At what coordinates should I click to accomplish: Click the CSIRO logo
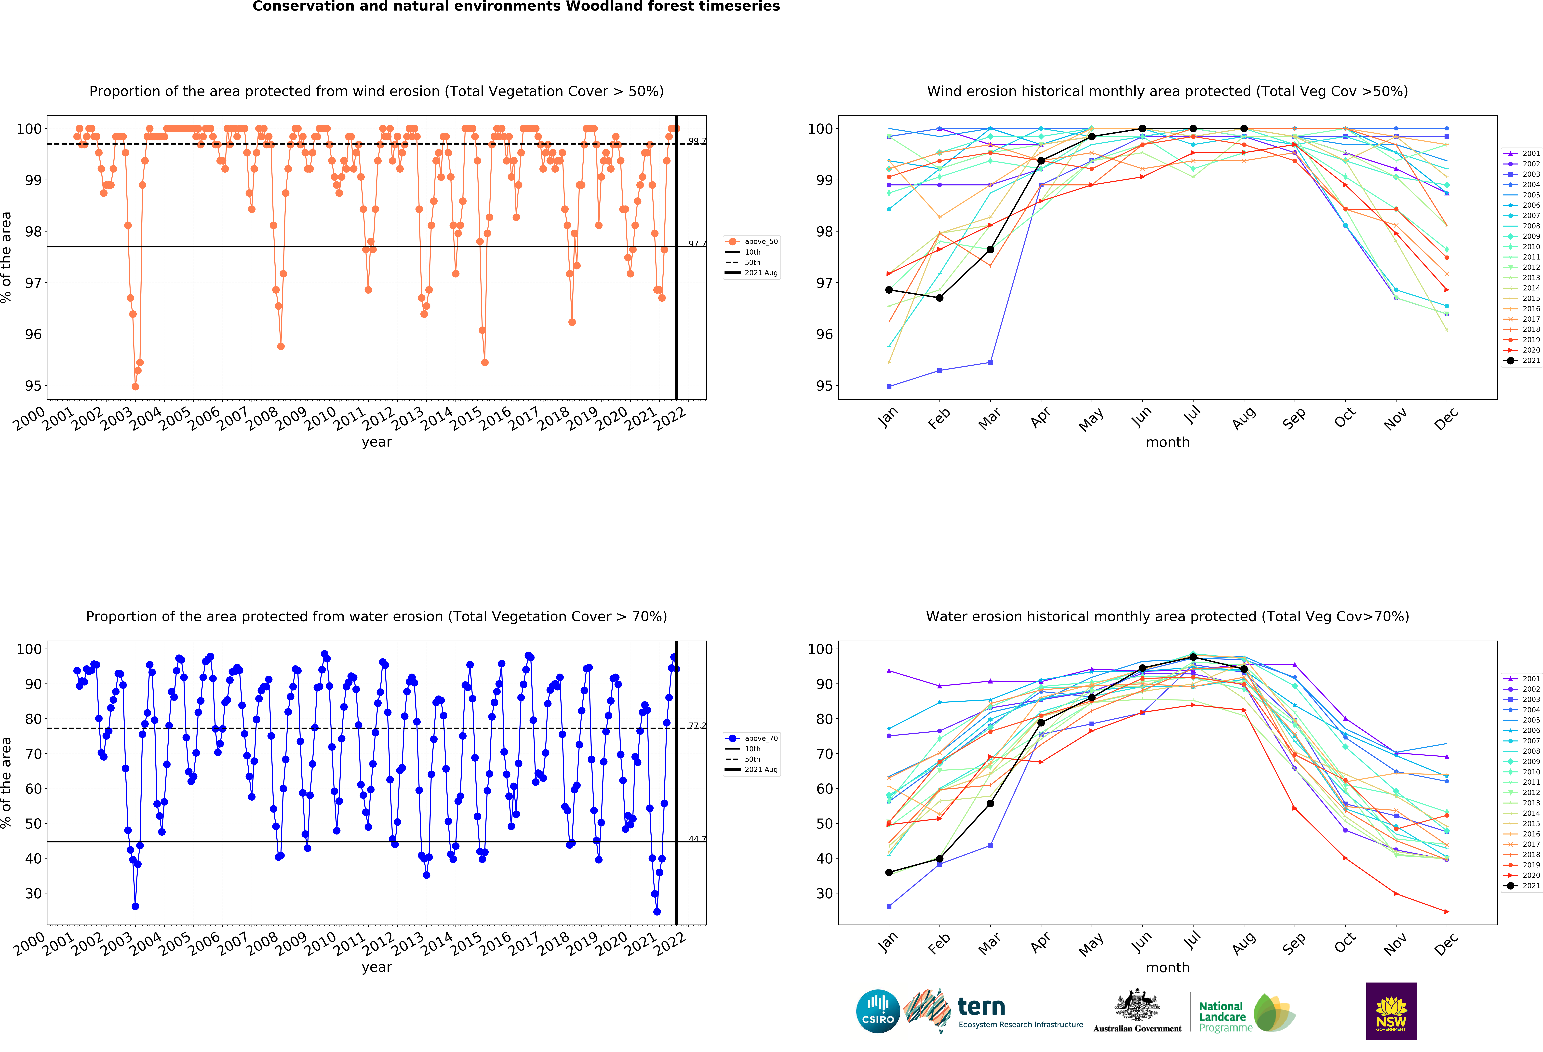coord(878,1011)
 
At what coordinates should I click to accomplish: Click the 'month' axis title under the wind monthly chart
coord(1167,442)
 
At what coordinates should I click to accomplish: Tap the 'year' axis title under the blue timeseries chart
coord(376,967)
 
